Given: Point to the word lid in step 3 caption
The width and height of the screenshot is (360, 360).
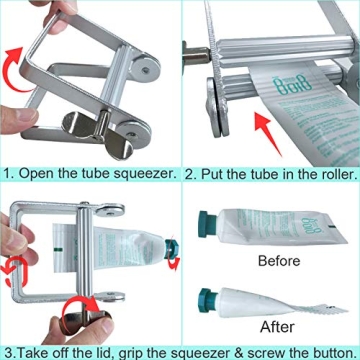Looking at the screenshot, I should (x=107, y=351).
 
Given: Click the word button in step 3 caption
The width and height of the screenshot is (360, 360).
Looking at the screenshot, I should (x=328, y=351).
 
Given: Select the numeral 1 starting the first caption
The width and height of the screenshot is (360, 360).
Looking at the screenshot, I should (x=6, y=173).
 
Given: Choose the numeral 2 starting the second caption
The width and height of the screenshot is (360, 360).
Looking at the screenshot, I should (x=189, y=173).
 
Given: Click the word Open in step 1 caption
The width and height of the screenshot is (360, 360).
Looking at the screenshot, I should (x=36, y=173).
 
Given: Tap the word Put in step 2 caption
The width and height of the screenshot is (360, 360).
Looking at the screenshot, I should (x=213, y=173).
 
